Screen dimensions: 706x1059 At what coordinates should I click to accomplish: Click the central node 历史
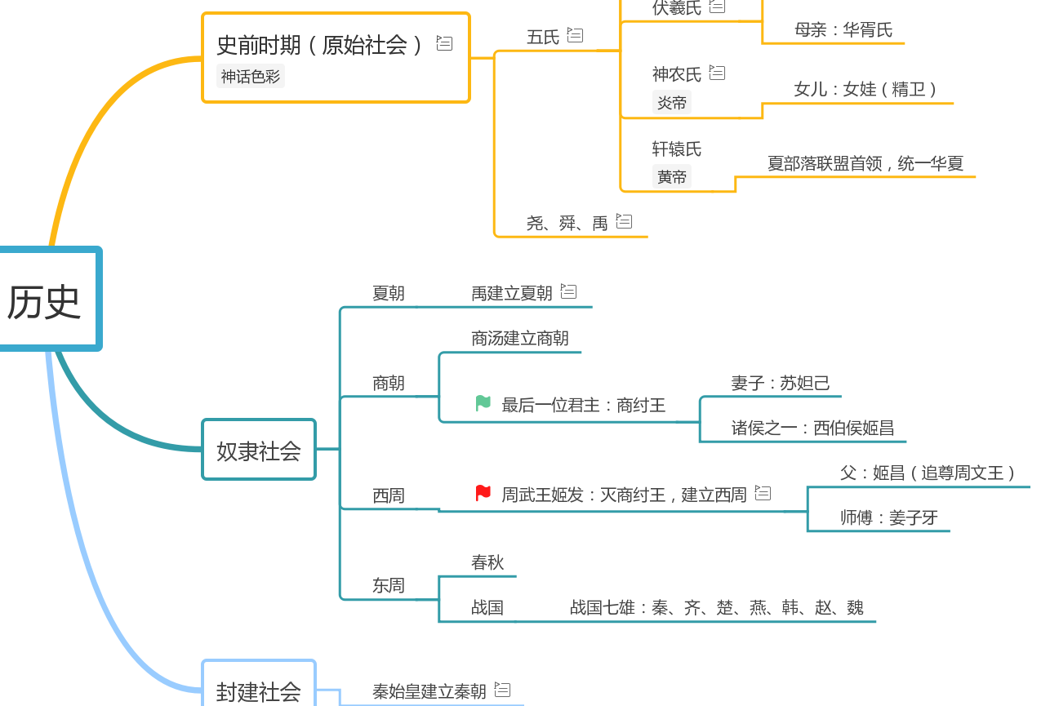[x=46, y=300]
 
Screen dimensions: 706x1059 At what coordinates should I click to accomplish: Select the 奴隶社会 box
[x=258, y=450]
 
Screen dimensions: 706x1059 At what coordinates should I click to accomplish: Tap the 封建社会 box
[x=258, y=690]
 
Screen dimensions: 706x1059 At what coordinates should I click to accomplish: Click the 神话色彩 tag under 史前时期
[x=251, y=77]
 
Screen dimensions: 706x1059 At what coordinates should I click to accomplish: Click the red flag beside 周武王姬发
[x=483, y=493]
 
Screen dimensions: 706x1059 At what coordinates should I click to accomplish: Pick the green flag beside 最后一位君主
[x=483, y=403]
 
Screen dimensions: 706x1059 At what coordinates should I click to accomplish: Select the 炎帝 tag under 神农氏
[x=672, y=103]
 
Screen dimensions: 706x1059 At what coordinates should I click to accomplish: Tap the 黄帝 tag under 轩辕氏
[x=672, y=176]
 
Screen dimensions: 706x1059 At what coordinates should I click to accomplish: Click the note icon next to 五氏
[x=576, y=35]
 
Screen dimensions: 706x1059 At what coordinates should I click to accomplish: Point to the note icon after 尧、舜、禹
[x=625, y=220]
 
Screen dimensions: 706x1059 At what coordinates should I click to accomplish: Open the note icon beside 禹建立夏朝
[x=569, y=291]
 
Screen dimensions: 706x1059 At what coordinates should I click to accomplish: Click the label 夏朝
[x=389, y=293]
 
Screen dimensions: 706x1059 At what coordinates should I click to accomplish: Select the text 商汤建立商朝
[x=520, y=338]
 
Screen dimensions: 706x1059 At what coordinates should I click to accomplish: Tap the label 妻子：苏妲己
[x=781, y=383]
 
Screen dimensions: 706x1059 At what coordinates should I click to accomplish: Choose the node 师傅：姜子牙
[x=889, y=517]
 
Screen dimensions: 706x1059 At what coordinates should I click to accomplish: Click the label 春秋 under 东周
[x=487, y=562]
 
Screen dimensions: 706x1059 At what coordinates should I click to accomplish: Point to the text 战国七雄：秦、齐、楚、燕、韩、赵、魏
[x=716, y=607]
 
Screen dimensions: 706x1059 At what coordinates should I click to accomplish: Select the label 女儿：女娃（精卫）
[x=865, y=89]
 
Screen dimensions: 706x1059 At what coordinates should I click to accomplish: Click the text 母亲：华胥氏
[x=843, y=30]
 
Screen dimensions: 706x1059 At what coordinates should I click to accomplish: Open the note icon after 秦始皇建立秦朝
[x=503, y=690]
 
